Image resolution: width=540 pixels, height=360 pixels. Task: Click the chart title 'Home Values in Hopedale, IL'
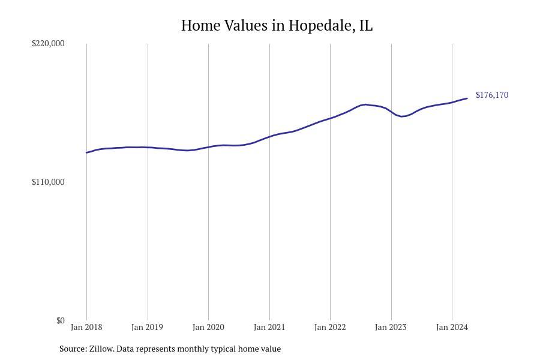(277, 26)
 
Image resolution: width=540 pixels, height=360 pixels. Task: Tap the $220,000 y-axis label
(48, 43)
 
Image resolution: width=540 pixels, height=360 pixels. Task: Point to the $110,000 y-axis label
(48, 182)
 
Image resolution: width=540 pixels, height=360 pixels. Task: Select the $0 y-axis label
(60, 320)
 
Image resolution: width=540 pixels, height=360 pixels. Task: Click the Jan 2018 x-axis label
(86, 327)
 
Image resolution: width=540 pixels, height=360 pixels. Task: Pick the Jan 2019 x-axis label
(147, 327)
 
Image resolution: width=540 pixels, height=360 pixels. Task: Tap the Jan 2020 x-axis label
(208, 327)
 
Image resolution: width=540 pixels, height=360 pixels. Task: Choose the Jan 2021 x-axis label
(269, 327)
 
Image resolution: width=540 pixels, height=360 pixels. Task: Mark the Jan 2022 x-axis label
(330, 327)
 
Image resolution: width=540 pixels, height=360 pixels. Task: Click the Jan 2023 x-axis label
(391, 327)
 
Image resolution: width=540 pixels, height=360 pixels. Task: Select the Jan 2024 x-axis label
(452, 327)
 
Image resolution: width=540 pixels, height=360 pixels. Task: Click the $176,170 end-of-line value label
(491, 95)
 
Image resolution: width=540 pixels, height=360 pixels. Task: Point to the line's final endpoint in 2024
(467, 98)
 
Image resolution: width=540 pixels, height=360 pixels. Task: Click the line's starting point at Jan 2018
(86, 152)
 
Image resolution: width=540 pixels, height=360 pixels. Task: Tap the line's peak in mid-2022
(365, 104)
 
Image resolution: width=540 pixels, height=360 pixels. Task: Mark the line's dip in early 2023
(402, 116)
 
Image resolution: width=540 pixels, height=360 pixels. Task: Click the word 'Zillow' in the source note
(101, 349)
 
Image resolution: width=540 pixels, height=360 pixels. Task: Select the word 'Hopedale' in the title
(319, 26)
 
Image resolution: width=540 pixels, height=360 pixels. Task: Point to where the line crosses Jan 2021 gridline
(269, 137)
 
